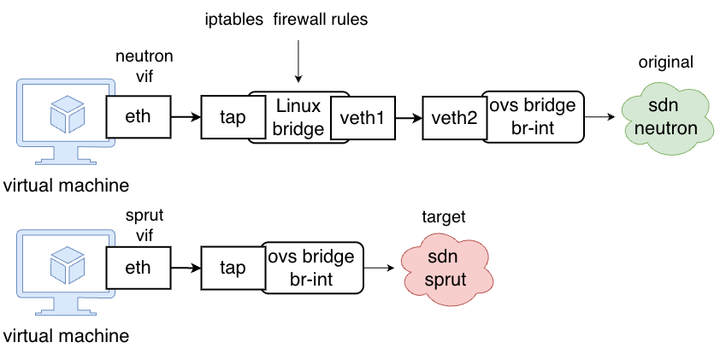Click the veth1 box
pos(363,117)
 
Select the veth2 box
pos(455,117)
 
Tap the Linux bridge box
pos(298,117)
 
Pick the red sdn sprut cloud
pos(446,269)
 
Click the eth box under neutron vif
pos(139,116)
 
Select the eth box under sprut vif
pos(139,268)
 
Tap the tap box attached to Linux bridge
pos(233,117)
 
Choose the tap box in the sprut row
pos(233,269)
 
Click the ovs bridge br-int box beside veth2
pos(533,116)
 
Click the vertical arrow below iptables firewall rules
pos(298,62)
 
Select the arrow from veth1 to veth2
pos(409,117)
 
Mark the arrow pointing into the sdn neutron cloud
pos(599,117)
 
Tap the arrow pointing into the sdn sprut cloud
pos(380,268)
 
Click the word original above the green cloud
pos(665,62)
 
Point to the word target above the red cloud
pos(444,216)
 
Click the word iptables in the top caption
pos(234,20)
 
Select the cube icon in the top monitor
pos(67,113)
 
